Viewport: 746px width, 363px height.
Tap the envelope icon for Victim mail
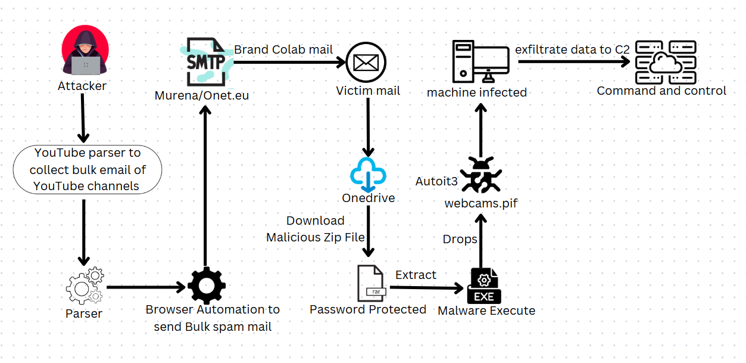pyautogui.click(x=366, y=62)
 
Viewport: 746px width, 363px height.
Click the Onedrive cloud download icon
pyautogui.click(x=369, y=173)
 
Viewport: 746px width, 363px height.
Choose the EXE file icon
pyautogui.click(x=485, y=286)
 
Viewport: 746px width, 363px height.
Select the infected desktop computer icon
pyautogui.click(x=480, y=61)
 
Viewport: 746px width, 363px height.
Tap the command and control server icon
pyautogui.click(x=666, y=62)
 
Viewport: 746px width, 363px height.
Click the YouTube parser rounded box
pyautogui.click(x=87, y=170)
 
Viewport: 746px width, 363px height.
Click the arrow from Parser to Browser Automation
pyautogui.click(x=146, y=287)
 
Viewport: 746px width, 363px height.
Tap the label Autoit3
pyautogui.click(x=436, y=181)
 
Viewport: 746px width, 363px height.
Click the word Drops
pyautogui.click(x=460, y=239)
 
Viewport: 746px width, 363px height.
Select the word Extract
pyautogui.click(x=416, y=275)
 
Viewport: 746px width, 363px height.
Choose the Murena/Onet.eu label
pyautogui.click(x=202, y=95)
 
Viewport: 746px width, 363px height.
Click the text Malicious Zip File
pyautogui.click(x=316, y=237)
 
